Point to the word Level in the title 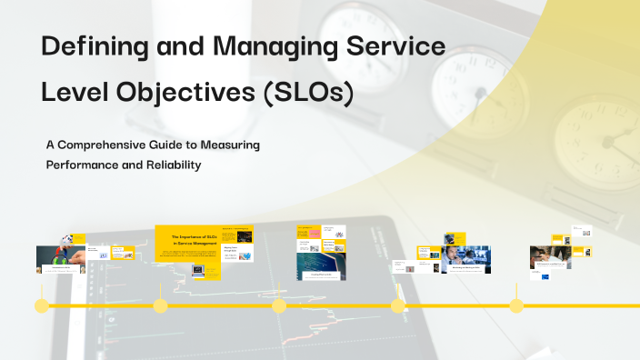(79, 94)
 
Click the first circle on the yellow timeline (41, 306)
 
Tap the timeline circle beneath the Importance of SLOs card (160, 306)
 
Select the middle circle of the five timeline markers (279, 306)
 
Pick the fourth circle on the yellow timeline (397, 306)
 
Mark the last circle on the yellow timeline (516, 306)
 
